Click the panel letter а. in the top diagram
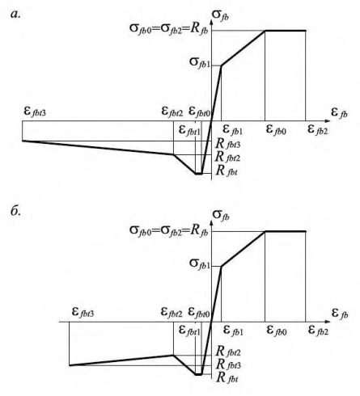point(15,14)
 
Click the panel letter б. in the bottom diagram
point(16,211)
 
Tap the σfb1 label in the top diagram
point(200,62)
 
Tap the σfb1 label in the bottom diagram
point(200,263)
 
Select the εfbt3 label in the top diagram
point(35,111)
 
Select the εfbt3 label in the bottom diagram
point(83,312)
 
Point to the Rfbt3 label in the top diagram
point(228,144)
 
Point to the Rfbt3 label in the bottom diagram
point(228,364)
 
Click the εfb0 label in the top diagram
point(276,129)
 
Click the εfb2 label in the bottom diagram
point(319,330)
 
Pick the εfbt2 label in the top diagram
point(172,112)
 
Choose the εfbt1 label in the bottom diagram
point(189,331)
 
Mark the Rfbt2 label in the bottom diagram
point(228,351)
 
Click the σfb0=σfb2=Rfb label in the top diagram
point(169,28)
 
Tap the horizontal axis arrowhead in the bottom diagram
point(328,322)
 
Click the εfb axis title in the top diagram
point(339,112)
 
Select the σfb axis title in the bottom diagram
point(221,216)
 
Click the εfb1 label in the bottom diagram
point(233,331)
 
